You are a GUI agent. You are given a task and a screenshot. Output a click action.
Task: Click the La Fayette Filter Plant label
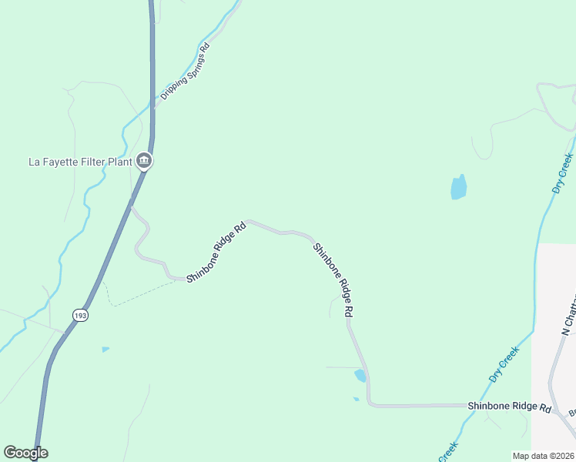coord(79,162)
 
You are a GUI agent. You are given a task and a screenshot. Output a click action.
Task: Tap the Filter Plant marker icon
coord(144,161)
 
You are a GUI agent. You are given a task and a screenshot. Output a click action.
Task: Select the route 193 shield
coord(80,314)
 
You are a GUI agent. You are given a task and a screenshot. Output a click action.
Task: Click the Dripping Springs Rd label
coord(185,72)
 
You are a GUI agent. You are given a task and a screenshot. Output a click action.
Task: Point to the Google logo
coord(25,453)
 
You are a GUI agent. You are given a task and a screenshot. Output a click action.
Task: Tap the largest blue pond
coord(458,187)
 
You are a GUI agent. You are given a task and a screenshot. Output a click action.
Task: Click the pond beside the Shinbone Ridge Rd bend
coord(360,376)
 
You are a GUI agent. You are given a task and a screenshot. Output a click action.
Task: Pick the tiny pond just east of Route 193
coord(105,350)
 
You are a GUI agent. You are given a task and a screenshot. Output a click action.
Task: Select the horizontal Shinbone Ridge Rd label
coord(510,407)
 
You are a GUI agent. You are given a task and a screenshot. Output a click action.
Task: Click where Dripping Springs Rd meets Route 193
coord(153,109)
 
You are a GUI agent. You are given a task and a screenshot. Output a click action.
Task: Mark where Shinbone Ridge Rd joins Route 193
coord(132,206)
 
